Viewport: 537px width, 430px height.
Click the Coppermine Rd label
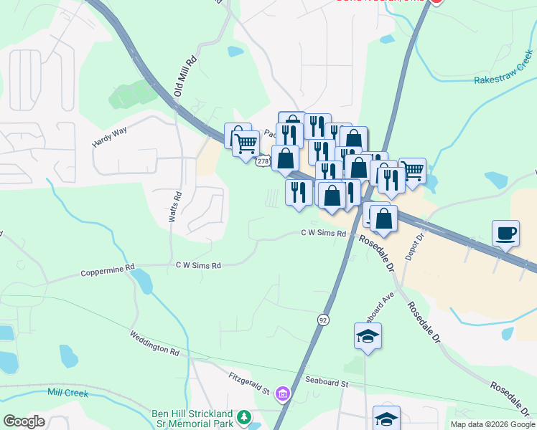coord(108,272)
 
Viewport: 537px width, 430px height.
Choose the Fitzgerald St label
coord(248,383)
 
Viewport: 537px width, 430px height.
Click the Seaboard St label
coord(326,383)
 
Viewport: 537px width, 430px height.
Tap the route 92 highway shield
coord(323,320)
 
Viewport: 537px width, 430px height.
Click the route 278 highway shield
coord(263,161)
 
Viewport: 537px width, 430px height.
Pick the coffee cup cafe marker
coord(506,234)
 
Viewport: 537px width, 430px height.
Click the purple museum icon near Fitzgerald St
coord(283,393)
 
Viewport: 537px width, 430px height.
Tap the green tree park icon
coord(245,416)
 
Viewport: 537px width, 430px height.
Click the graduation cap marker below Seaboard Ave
coord(368,336)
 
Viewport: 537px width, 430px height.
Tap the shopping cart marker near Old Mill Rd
coord(246,143)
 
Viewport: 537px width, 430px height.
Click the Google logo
coord(24,421)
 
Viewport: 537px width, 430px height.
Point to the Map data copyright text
coord(491,424)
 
